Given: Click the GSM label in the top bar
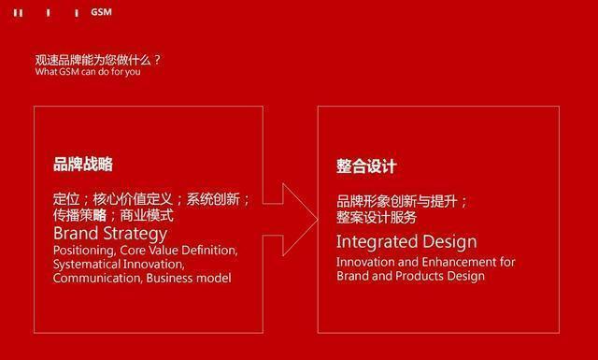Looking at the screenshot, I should coord(101,12).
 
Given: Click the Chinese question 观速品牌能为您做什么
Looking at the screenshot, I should coord(97,60).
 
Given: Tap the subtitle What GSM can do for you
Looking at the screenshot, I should coord(88,71).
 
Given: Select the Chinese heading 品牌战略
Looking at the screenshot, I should coord(83,165).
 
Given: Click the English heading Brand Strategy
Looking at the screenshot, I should coord(110,233).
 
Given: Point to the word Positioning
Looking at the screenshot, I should coord(83,251).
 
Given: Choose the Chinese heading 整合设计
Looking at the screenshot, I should coord(367,166).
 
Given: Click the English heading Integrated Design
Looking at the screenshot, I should coord(406,242).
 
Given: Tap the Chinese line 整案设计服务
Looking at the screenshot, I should coord(377,217).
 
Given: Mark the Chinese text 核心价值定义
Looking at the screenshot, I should coord(134,198).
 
